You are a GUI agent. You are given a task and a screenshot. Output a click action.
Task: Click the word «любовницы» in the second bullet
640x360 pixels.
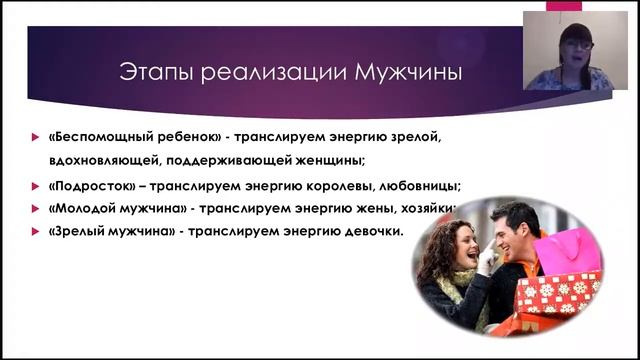pyautogui.click(x=407, y=186)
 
